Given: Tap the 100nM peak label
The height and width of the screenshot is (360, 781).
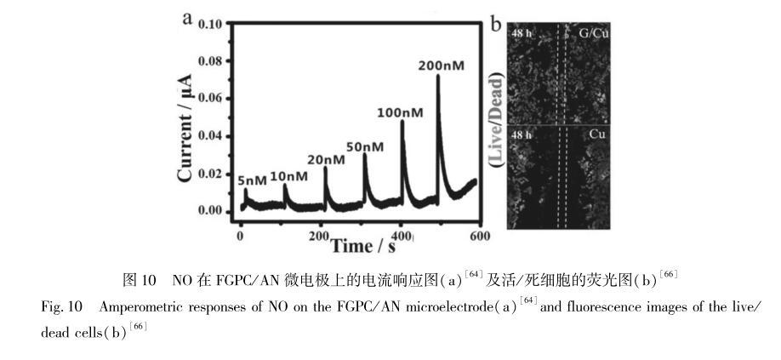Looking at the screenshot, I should pyautogui.click(x=401, y=111).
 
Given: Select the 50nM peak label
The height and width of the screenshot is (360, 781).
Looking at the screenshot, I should pyautogui.click(x=365, y=146).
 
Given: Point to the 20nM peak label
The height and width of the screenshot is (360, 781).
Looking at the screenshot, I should pyautogui.click(x=326, y=159).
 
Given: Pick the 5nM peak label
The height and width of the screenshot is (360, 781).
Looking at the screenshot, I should pyautogui.click(x=252, y=180).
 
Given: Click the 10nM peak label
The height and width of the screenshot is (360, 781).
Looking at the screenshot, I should pyautogui.click(x=288, y=176).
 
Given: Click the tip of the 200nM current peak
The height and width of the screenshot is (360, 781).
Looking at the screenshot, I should pyautogui.click(x=438, y=75).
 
